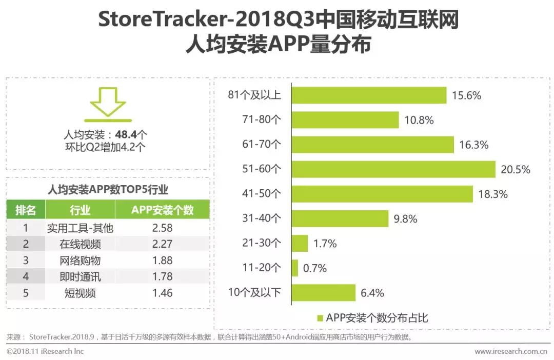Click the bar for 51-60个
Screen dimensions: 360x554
tap(393, 169)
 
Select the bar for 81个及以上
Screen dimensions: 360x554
tap(369, 95)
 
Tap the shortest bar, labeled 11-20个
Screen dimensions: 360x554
tap(294, 268)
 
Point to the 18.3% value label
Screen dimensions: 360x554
tap(493, 194)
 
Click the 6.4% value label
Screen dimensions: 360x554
tap(372, 293)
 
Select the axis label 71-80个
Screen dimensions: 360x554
tap(262, 120)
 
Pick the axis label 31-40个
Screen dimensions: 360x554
tap(262, 218)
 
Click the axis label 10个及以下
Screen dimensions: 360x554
tap(254, 293)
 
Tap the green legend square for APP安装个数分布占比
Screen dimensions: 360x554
tap(321, 318)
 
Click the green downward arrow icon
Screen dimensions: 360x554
tap(107, 102)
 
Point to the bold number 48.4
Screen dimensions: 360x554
tap(126, 135)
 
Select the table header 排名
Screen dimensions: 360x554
tap(26, 210)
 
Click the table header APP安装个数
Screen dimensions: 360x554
tap(162, 210)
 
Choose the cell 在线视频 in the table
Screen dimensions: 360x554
tap(80, 244)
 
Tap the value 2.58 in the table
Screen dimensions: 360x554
tap(162, 227)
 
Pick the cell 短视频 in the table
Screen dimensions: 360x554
tap(80, 293)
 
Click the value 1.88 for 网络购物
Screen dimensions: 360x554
tap(162, 260)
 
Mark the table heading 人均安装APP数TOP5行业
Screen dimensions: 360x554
tap(107, 189)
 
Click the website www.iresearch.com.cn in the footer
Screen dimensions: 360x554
tap(510, 352)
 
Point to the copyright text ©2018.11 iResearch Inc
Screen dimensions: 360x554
tap(45, 352)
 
